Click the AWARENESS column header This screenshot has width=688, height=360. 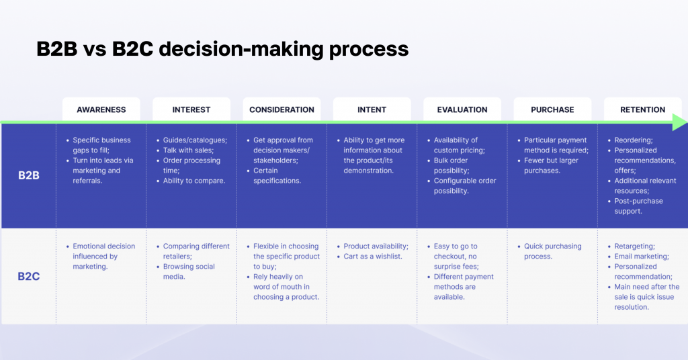tap(101, 109)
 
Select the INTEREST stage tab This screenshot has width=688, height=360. tap(191, 109)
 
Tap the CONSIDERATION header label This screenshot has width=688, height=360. tap(282, 109)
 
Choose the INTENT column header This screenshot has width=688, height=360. tap(372, 109)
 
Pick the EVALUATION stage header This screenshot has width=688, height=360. tap(462, 109)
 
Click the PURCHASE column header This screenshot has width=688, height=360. tap(552, 109)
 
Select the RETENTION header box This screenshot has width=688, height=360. tap(642, 109)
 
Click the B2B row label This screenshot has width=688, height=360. tap(28, 176)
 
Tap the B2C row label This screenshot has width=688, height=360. tap(28, 276)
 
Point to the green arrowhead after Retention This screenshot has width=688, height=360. tap(679, 122)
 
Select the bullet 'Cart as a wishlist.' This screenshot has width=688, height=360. tap(372, 257)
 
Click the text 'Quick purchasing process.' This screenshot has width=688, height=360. tap(552, 251)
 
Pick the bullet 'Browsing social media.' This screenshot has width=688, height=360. tap(189, 271)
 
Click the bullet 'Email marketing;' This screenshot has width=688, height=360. tap(641, 257)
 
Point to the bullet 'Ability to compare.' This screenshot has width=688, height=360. tap(193, 181)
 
